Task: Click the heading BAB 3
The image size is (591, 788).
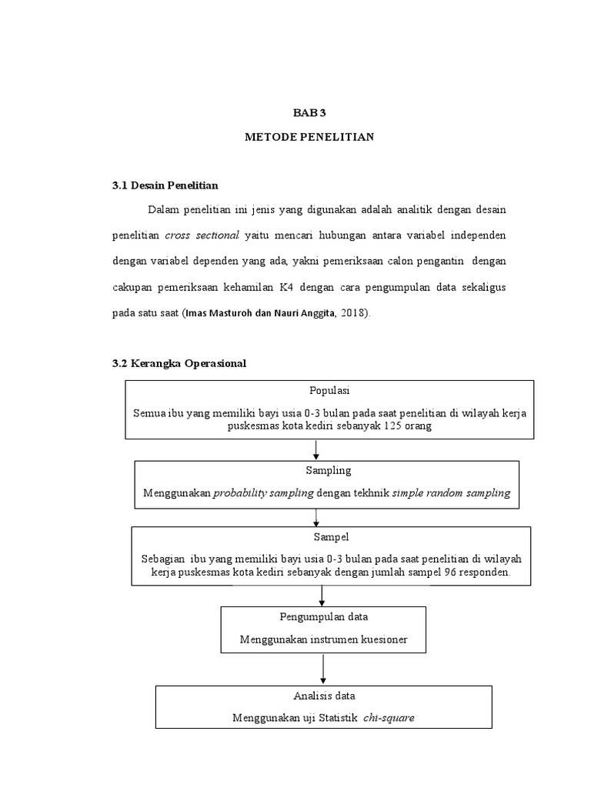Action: pyautogui.click(x=309, y=112)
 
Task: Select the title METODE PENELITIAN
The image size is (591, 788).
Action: pyautogui.click(x=309, y=137)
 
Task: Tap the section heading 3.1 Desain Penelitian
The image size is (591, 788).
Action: pyautogui.click(x=165, y=185)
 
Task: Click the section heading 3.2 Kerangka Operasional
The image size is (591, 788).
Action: pyautogui.click(x=179, y=364)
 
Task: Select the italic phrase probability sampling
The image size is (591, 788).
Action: pyautogui.click(x=262, y=493)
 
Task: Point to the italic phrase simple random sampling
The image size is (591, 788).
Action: pyautogui.click(x=451, y=493)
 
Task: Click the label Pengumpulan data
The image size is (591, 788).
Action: pyautogui.click(x=322, y=616)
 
